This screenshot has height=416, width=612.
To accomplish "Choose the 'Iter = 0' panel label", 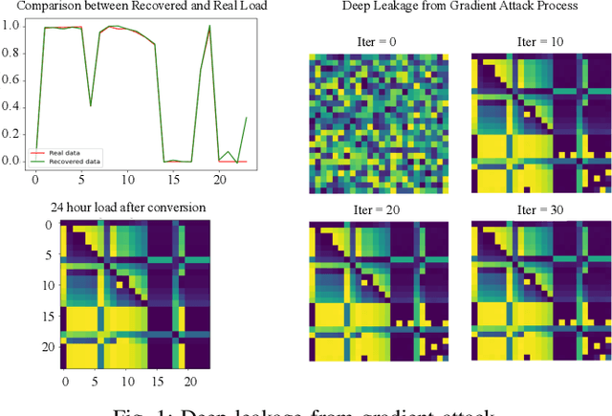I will (x=379, y=42).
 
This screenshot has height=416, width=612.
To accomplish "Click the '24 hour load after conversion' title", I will (x=128, y=207).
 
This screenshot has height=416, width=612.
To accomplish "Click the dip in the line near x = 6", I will (x=91, y=104).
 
